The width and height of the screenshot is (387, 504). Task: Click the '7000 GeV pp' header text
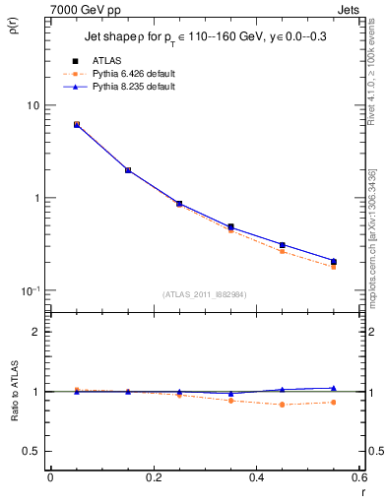[81, 8]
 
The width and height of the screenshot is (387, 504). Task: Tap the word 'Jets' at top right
[350, 8]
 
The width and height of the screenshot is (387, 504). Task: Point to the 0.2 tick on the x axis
[154, 478]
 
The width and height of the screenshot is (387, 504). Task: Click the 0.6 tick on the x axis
[358, 478]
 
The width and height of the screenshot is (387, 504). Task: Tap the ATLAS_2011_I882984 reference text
[204, 294]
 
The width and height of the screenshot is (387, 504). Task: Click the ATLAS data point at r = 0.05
[77, 125]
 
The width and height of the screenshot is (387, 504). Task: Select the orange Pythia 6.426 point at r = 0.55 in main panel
[334, 267]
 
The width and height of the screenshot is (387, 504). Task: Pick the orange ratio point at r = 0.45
[283, 405]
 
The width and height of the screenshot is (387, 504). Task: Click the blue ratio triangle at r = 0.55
[334, 388]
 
